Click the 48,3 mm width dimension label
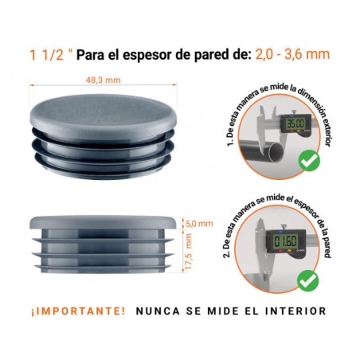[x=104, y=80]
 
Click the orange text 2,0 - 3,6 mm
[x=292, y=55]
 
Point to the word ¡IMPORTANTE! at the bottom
[x=77, y=311]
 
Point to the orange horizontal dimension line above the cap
[x=104, y=87]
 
